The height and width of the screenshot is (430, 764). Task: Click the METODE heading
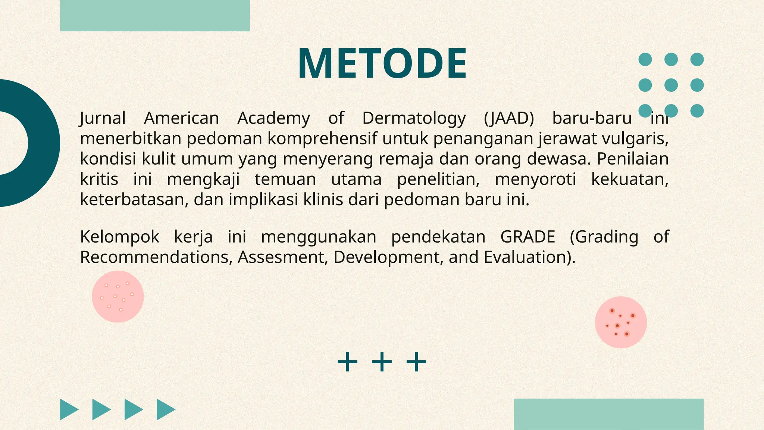coord(382,63)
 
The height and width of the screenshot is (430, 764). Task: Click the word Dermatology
coord(414,118)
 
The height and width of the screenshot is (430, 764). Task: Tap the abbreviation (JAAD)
coord(509,118)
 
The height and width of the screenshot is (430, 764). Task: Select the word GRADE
coord(527,237)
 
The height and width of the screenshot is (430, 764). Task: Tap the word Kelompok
coord(120,237)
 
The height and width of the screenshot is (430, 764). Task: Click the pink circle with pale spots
coord(118,297)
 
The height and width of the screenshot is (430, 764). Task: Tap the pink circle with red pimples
coord(621,322)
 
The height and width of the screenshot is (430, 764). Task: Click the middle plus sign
coord(382,362)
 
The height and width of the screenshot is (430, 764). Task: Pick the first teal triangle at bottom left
coord(68,409)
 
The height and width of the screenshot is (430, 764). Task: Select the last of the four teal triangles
coord(165,409)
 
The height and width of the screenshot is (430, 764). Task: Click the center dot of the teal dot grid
coord(671,85)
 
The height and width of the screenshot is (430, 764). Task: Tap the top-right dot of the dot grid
coord(697,59)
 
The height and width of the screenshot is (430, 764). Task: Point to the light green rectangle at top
coord(155,15)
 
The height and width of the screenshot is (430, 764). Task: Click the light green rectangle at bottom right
coord(609,414)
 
